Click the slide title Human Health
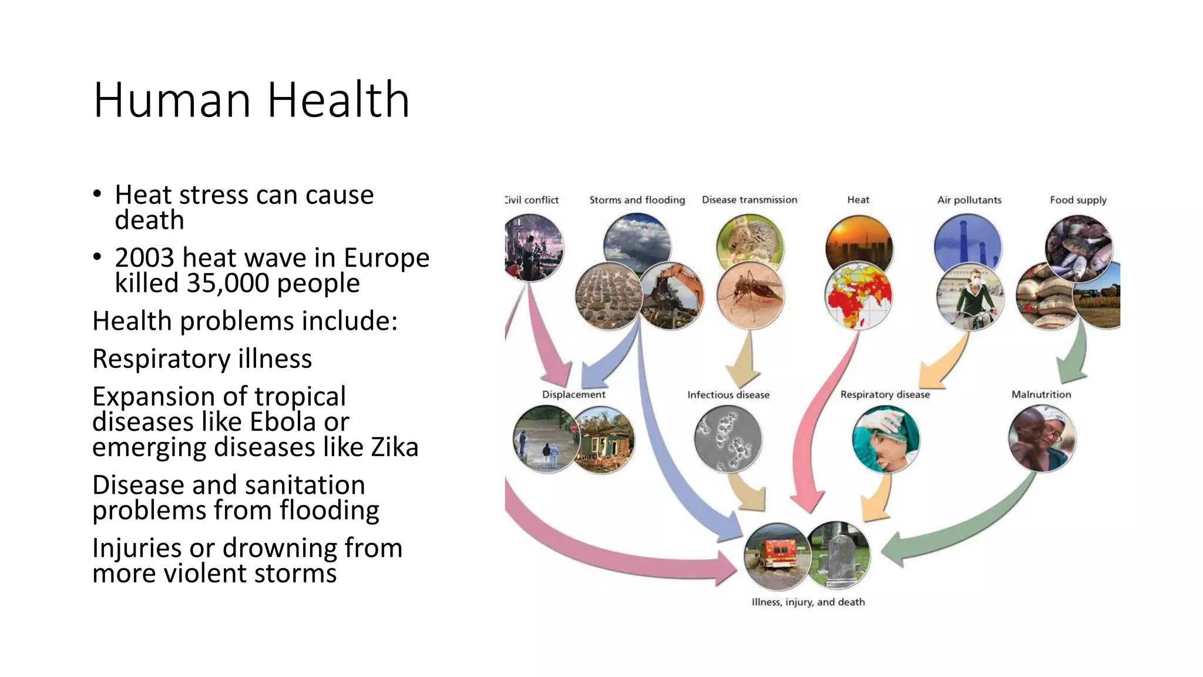(x=251, y=100)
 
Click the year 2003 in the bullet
(x=144, y=258)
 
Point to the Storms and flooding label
(x=637, y=200)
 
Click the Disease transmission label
(x=750, y=200)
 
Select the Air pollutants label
(x=969, y=200)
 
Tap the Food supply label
(x=1078, y=200)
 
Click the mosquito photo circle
(x=750, y=295)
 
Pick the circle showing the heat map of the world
(x=858, y=296)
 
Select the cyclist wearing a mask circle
(x=970, y=297)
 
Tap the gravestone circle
(x=839, y=554)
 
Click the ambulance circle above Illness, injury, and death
(x=777, y=556)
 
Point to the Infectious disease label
(x=728, y=395)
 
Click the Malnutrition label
(x=1041, y=394)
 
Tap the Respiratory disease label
(x=885, y=394)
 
